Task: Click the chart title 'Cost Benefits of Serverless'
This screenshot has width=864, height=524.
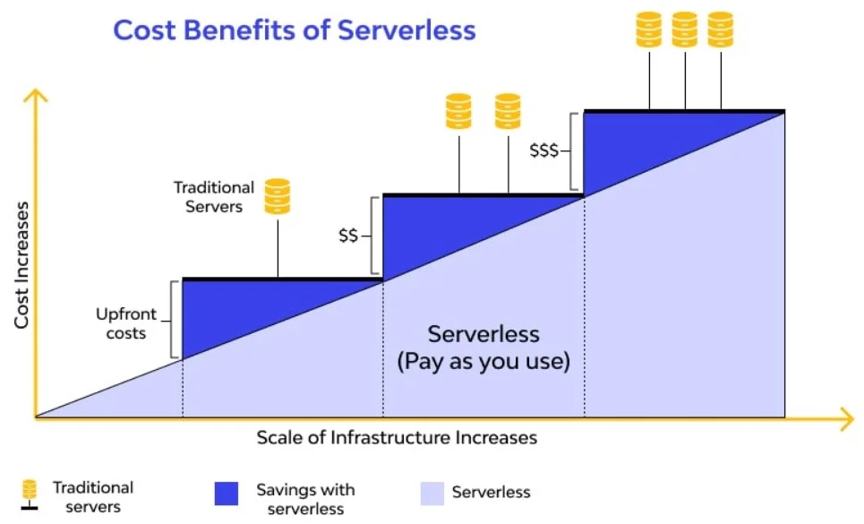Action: click(295, 30)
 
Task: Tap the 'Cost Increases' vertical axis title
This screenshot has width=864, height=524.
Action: click(21, 265)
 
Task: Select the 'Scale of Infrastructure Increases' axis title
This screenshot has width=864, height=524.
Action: click(397, 437)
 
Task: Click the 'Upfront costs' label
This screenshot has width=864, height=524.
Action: click(126, 323)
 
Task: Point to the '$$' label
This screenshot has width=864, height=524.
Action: click(348, 236)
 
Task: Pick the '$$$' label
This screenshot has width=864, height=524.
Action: click(543, 150)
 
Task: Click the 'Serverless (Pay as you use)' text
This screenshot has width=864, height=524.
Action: click(483, 348)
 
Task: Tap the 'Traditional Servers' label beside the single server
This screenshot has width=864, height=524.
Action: click(214, 197)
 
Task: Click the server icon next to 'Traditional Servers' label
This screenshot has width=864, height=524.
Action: click(278, 197)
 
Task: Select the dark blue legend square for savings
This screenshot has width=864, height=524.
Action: click(227, 494)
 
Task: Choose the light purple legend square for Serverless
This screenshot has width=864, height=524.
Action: click(432, 494)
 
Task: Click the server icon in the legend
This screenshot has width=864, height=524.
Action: click(30, 494)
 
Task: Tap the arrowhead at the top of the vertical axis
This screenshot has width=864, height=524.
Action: click(36, 95)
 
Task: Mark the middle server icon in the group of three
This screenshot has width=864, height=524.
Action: click(685, 30)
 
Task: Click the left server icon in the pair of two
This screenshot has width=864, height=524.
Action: click(458, 111)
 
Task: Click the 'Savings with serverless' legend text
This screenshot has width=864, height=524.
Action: click(306, 499)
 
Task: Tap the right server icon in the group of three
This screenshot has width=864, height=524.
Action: click(721, 30)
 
